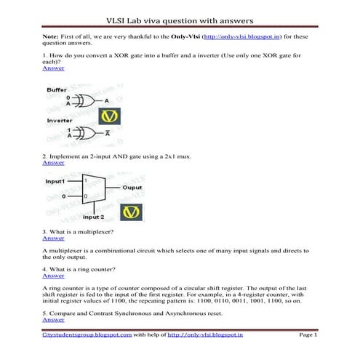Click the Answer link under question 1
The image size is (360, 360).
point(53,68)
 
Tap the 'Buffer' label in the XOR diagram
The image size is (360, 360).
point(57,90)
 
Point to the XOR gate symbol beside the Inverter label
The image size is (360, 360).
point(86,132)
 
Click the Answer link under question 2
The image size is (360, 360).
point(53,163)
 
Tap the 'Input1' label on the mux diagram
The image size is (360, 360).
point(57,180)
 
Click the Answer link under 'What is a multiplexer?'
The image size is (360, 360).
point(53,238)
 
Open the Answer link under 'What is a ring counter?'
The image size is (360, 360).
point(53,276)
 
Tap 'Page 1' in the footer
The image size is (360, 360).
point(308,335)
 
